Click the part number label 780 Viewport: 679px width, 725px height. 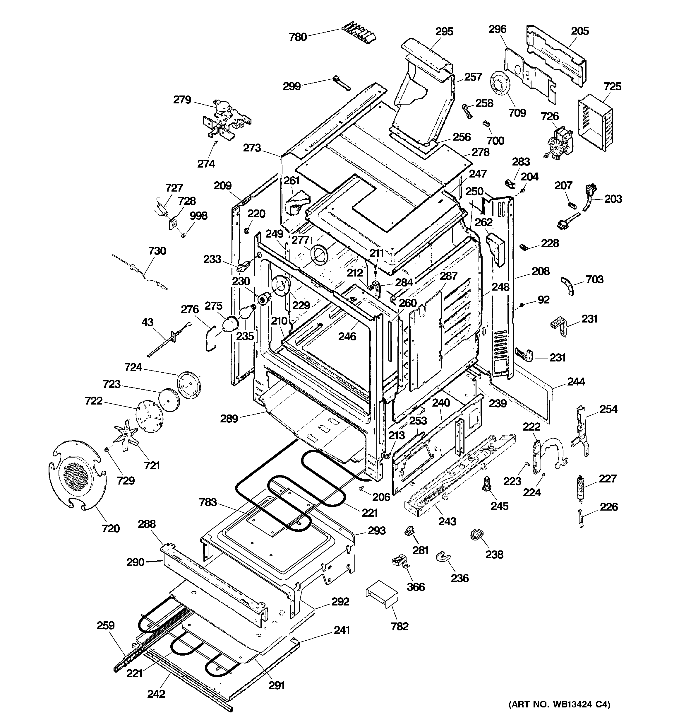[297, 37]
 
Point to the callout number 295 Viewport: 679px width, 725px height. [444, 32]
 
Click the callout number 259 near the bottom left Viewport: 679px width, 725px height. [105, 625]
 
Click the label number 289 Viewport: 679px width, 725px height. [229, 419]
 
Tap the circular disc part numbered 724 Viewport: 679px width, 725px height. [188, 383]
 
